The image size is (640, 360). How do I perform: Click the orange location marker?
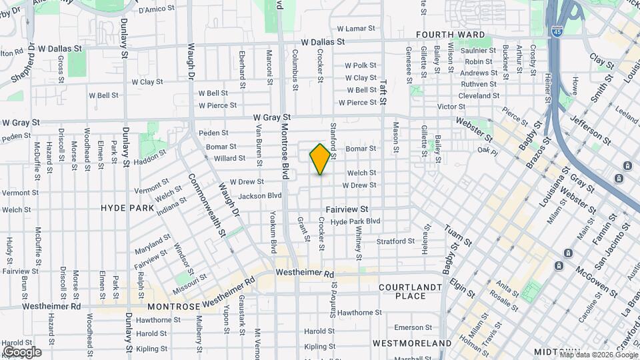point(320,159)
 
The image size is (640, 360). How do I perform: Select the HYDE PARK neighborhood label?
point(127,208)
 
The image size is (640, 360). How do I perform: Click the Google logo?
point(22,351)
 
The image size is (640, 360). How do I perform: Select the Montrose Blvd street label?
point(285,152)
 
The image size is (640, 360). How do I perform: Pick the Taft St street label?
point(383,93)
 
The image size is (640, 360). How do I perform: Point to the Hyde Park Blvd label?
point(355,221)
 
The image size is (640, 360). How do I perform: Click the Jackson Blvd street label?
point(260,196)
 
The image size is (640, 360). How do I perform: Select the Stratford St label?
point(395,241)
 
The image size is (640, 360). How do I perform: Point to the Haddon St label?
point(150,157)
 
